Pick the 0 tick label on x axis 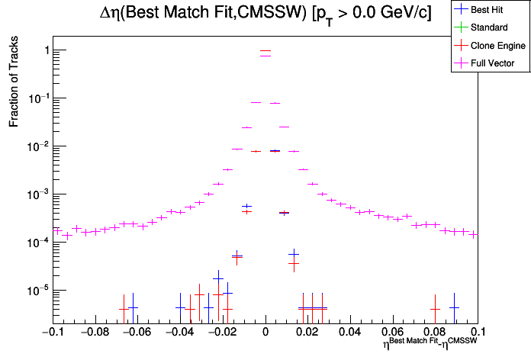265,333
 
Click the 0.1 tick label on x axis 476,333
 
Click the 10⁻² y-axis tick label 37,146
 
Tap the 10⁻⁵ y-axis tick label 37,290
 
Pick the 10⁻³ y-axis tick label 37,194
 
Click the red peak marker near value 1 265,50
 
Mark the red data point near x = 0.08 435,309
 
